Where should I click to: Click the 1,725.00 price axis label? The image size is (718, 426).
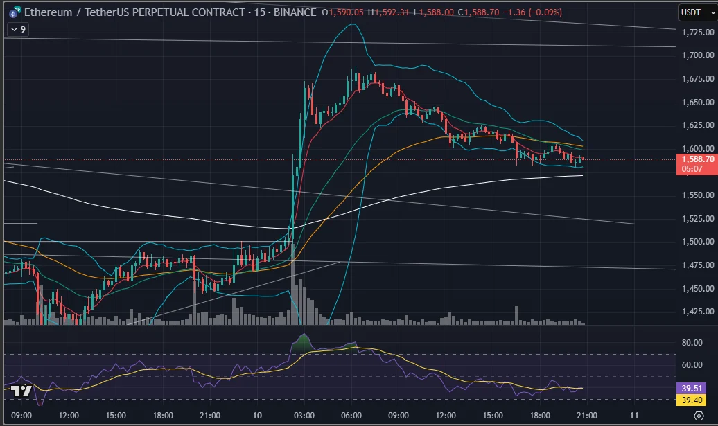699,33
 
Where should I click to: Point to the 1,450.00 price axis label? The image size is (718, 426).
699,288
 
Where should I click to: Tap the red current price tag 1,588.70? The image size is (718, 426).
696,159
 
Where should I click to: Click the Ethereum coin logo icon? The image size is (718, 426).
12,12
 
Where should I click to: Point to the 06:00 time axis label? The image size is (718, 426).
352,415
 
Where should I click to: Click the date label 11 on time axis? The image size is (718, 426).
633,415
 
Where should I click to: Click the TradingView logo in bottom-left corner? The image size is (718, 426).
21,391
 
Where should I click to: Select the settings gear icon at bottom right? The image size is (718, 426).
698,416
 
